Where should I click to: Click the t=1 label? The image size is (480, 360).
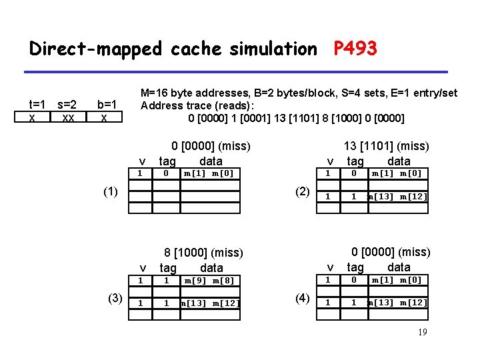pos(37,105)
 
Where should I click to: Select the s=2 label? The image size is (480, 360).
pos(67,105)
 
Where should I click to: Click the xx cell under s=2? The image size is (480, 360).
pos(67,117)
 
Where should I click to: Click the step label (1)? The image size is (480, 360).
pos(111,192)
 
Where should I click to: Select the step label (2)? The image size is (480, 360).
pos(302,192)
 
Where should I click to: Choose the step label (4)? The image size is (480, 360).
pos(302,298)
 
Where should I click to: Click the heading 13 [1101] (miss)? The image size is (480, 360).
pos(386,146)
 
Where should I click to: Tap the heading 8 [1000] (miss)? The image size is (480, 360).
pos(204,253)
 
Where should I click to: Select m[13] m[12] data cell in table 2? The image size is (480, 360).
pos(397,196)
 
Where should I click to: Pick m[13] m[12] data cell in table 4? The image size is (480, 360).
pos(397,303)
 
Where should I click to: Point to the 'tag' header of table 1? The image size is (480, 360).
pos(167,161)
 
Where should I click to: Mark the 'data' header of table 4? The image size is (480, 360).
pos(399,267)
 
